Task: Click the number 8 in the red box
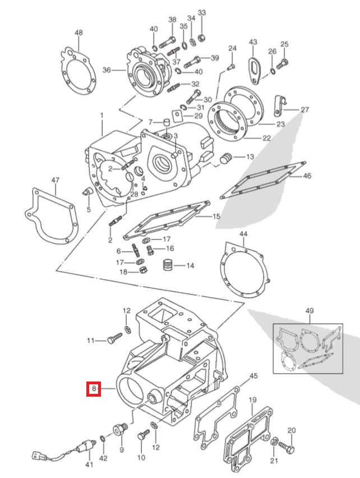tap(93, 388)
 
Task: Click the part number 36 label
tap(107, 70)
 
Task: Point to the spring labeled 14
tap(168, 265)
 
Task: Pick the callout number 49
tap(310, 311)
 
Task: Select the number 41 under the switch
tap(89, 465)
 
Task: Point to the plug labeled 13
tap(227, 158)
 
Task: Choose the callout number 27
tap(304, 110)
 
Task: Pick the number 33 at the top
tap(202, 12)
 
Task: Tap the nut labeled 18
tap(142, 272)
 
